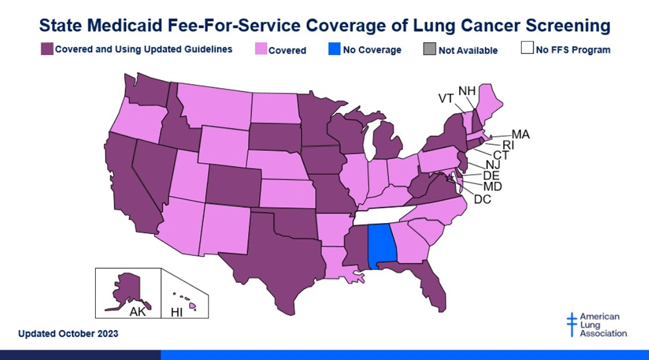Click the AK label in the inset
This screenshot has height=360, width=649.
coord(138,312)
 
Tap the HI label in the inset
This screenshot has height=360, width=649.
coord(176,313)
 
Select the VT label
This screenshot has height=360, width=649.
coord(446,98)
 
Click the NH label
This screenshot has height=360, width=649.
coord(467,90)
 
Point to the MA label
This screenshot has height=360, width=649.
coord(520,135)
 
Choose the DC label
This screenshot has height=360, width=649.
coord(482,200)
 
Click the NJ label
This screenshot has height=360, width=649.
coord(492,165)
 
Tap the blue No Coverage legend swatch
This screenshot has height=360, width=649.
coord(334,49)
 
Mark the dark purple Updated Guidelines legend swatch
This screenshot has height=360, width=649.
coord(46,49)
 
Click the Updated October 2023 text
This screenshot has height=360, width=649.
coord(68,333)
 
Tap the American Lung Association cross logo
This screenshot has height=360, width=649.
coord(572,325)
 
